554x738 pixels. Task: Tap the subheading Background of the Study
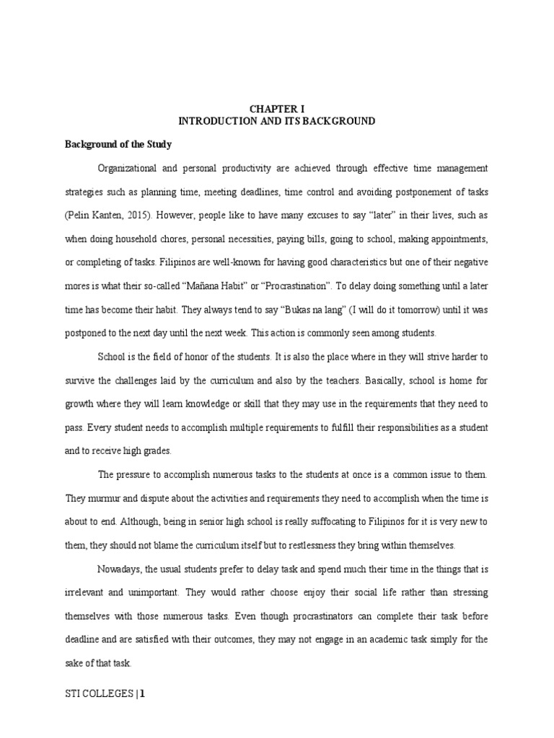click(117, 144)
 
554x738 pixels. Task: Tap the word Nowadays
click(119, 569)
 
